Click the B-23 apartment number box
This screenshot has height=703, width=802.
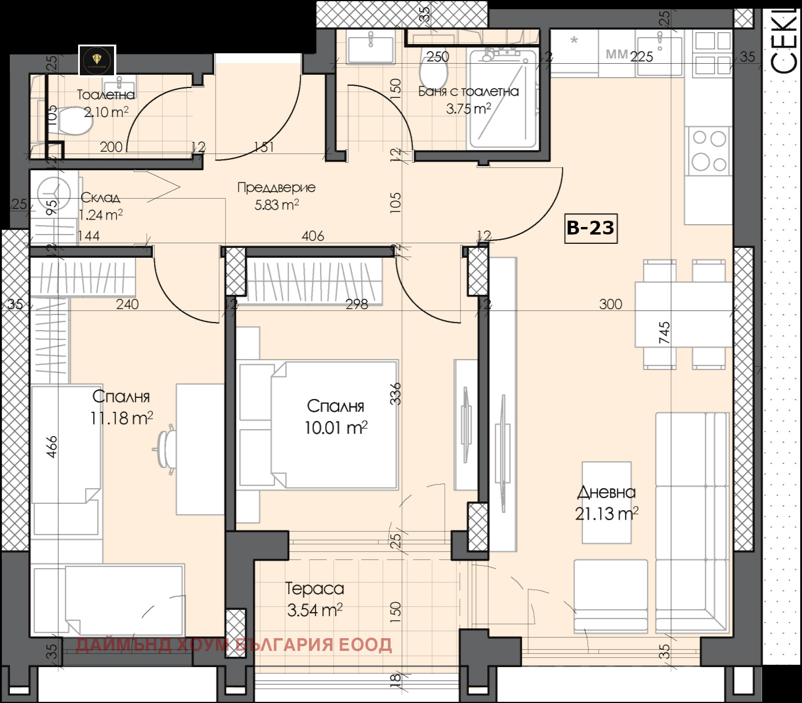pyautogui.click(x=590, y=228)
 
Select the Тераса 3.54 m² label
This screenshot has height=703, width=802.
pyautogui.click(x=315, y=599)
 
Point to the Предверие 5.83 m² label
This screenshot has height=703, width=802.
pyautogui.click(x=277, y=196)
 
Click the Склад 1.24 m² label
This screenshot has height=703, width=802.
pyautogui.click(x=100, y=206)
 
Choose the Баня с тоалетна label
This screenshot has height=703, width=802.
pyautogui.click(x=468, y=91)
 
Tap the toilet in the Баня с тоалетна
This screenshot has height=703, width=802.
pyautogui.click(x=433, y=74)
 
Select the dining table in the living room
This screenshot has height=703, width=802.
pyautogui.click(x=684, y=314)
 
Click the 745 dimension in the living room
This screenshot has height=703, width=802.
pyautogui.click(x=664, y=333)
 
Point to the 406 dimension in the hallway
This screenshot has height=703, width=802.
pyautogui.click(x=312, y=236)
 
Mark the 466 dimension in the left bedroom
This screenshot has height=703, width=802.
pyautogui.click(x=52, y=447)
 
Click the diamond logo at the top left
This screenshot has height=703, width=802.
pyautogui.click(x=97, y=60)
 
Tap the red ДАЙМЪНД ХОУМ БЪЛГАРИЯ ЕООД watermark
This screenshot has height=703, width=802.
pyautogui.click(x=234, y=645)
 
